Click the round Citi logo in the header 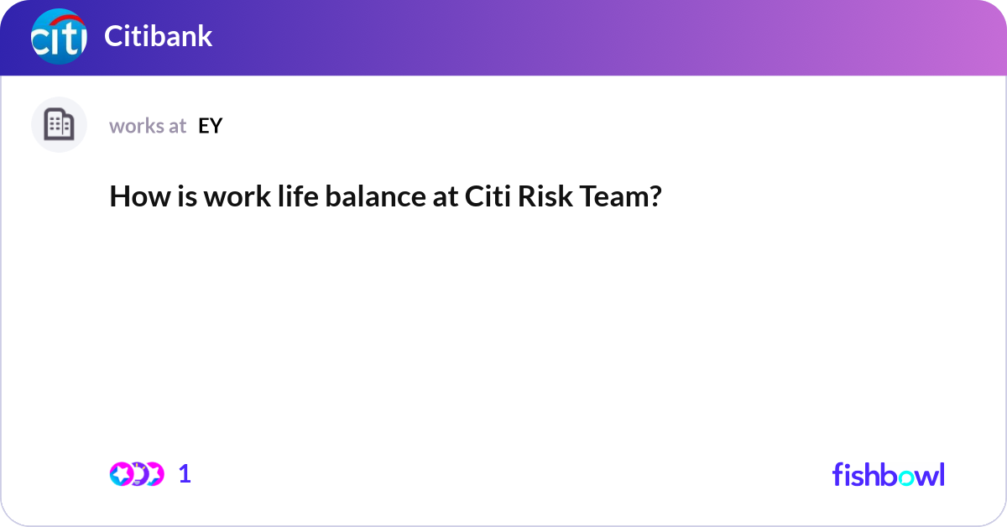(58, 37)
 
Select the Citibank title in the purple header (158, 37)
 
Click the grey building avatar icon (59, 125)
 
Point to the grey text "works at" (148, 126)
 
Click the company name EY (210, 126)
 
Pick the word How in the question (134, 197)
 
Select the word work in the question (222, 197)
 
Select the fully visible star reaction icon (122, 474)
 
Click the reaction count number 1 (185, 474)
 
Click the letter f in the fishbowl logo (837, 474)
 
